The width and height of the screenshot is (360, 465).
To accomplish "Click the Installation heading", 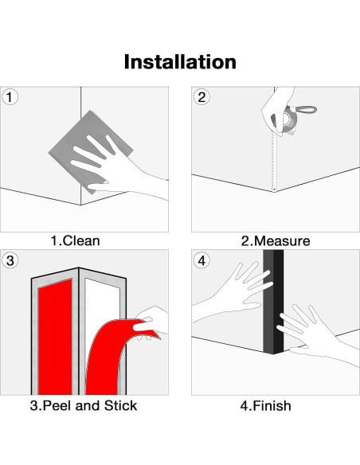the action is point(180,61).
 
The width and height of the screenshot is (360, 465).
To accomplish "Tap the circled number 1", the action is point(10,97).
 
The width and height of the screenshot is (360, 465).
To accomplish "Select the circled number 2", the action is point(202,97).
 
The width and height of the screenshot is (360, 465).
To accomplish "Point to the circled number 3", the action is point(10,260).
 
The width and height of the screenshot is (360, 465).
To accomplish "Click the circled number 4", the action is point(202,260).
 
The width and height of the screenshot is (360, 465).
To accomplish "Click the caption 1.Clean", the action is point(76,240).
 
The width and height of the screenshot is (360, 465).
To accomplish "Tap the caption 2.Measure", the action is point(276,240).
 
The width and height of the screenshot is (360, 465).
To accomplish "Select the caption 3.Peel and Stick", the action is point(84,405).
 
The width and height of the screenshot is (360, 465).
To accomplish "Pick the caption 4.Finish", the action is point(265,405).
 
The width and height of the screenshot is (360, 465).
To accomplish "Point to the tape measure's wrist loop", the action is point(305,110).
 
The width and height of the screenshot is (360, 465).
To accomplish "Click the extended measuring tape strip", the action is point(274,162).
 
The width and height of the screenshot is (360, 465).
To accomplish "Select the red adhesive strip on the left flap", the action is point(55,338).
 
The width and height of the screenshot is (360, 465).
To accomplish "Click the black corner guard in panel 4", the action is point(273,302).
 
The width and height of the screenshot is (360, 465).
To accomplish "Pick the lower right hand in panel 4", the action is point(315,335).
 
